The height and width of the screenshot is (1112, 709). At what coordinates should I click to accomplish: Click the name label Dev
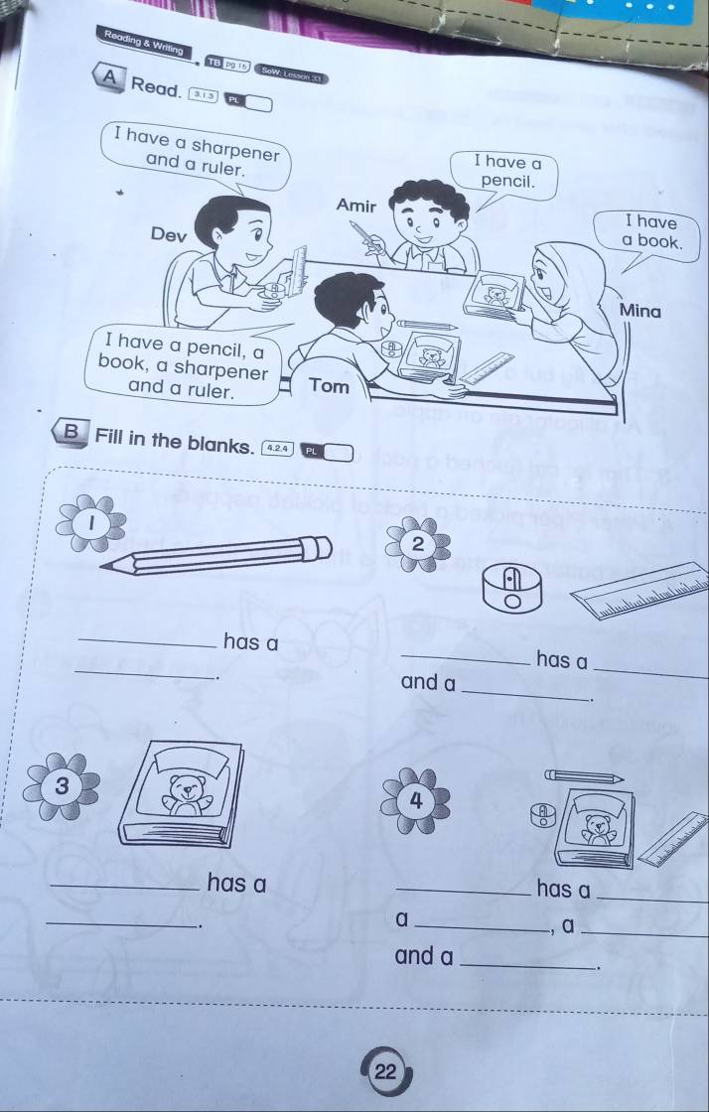click(x=168, y=235)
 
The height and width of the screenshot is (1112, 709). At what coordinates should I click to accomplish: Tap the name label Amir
click(x=356, y=206)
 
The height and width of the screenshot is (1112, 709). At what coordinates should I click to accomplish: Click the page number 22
click(x=385, y=1072)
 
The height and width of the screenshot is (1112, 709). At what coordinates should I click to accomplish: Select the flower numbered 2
click(x=417, y=544)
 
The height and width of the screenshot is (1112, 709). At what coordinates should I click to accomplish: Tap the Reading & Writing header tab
click(x=143, y=42)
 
